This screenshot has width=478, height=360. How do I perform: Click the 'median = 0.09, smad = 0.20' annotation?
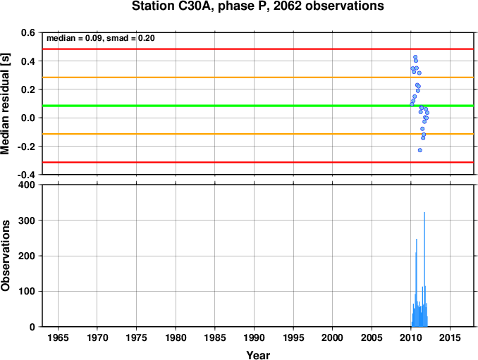pos(101,38)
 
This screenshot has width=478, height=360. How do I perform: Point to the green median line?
pos(258,106)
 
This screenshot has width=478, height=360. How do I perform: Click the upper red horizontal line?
pos(258,49)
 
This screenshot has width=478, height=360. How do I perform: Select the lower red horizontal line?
pos(258,162)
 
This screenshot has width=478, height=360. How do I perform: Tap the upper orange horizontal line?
pos(258,77)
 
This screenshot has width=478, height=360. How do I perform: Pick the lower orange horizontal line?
pos(258,134)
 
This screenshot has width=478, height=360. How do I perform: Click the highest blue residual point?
pos(415,57)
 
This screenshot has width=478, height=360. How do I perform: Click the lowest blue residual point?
pos(420,150)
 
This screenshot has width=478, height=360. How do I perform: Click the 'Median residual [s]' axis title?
pos(5,104)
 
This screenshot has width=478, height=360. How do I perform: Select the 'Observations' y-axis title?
pos(5,256)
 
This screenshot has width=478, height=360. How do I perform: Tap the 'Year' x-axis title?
pos(258,355)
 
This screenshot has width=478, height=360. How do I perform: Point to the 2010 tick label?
pos(410,337)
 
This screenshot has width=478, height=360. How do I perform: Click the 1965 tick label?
pos(58,337)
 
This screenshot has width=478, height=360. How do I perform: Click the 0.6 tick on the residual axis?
pos(28,32)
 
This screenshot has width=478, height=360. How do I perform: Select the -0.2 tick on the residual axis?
pos(26,147)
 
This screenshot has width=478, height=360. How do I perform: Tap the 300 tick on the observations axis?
pos(27,221)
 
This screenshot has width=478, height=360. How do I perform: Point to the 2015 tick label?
pos(450,337)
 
